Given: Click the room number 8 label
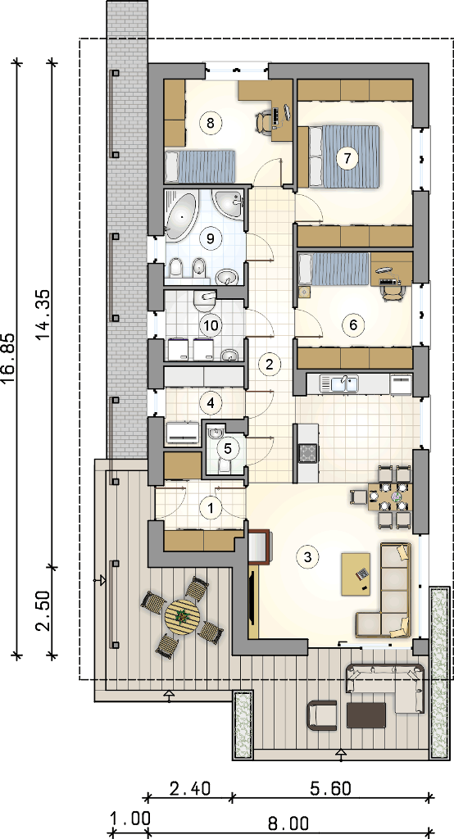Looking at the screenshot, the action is [210, 123].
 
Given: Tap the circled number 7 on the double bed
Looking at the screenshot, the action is [347, 158].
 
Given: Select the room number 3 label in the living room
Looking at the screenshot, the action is [307, 556].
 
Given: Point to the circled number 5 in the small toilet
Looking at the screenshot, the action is [229, 448].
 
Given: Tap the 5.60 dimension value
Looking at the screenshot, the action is [331, 788].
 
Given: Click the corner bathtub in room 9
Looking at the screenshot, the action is [181, 215].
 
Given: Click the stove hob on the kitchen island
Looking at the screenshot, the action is [308, 453].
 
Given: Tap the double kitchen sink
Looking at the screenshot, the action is [339, 383].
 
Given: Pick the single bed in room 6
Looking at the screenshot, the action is [333, 269].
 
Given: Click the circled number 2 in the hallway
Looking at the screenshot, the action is [269, 365].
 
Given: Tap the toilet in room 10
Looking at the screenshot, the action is [204, 301].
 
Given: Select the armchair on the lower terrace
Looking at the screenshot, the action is [322, 714].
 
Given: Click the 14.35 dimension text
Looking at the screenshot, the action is [45, 315].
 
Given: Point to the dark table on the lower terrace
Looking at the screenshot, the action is [366, 715].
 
